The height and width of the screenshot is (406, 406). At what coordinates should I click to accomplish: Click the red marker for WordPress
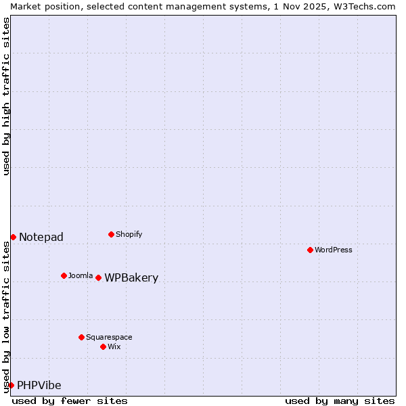click(x=310, y=250)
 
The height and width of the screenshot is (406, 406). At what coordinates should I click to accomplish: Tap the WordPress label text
click(x=334, y=250)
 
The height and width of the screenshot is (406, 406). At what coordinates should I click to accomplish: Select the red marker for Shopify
click(x=111, y=234)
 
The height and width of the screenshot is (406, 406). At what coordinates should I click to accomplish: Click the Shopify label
click(x=129, y=234)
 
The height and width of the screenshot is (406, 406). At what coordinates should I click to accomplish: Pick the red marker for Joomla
click(x=64, y=275)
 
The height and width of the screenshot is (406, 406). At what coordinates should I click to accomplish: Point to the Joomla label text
click(x=81, y=275)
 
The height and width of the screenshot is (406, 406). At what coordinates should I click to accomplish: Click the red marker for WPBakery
click(x=98, y=277)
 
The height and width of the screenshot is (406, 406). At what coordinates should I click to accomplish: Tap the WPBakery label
click(x=131, y=278)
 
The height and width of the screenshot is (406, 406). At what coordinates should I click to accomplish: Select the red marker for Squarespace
click(x=81, y=337)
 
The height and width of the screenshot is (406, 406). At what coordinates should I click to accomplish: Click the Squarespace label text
click(x=109, y=337)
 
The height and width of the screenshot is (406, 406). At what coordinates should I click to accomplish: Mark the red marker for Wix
click(x=103, y=346)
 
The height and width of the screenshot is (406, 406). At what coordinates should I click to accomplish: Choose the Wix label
click(x=114, y=346)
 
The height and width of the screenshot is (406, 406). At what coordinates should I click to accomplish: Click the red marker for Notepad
click(x=13, y=237)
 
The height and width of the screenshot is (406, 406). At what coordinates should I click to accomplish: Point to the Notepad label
click(x=41, y=237)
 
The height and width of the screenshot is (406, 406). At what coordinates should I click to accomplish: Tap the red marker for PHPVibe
click(x=11, y=385)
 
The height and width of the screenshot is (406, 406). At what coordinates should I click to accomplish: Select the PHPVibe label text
click(x=39, y=386)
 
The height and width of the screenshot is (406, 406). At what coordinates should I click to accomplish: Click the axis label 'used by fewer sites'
click(x=70, y=401)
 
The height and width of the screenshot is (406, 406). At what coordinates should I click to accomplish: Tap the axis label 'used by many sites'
click(x=340, y=401)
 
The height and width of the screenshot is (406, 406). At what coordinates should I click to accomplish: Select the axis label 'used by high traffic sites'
click(x=6, y=96)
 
